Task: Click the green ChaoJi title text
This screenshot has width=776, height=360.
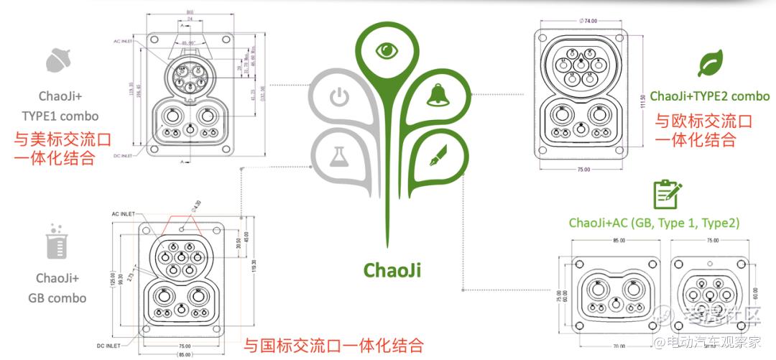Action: pos(392,269)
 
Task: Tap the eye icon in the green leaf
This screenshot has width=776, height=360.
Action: pos(388,50)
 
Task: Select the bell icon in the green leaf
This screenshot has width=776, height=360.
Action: pos(437,96)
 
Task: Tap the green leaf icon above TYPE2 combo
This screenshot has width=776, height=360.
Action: pos(710,65)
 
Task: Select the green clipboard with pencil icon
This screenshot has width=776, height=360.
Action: pos(667,194)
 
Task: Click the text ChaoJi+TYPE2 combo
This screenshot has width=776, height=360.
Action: pos(700,96)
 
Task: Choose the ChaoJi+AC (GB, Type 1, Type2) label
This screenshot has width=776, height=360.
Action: pos(654,223)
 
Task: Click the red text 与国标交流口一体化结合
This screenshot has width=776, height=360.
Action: pos(333,345)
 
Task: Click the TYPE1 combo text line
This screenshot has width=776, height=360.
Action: pos(70,115)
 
